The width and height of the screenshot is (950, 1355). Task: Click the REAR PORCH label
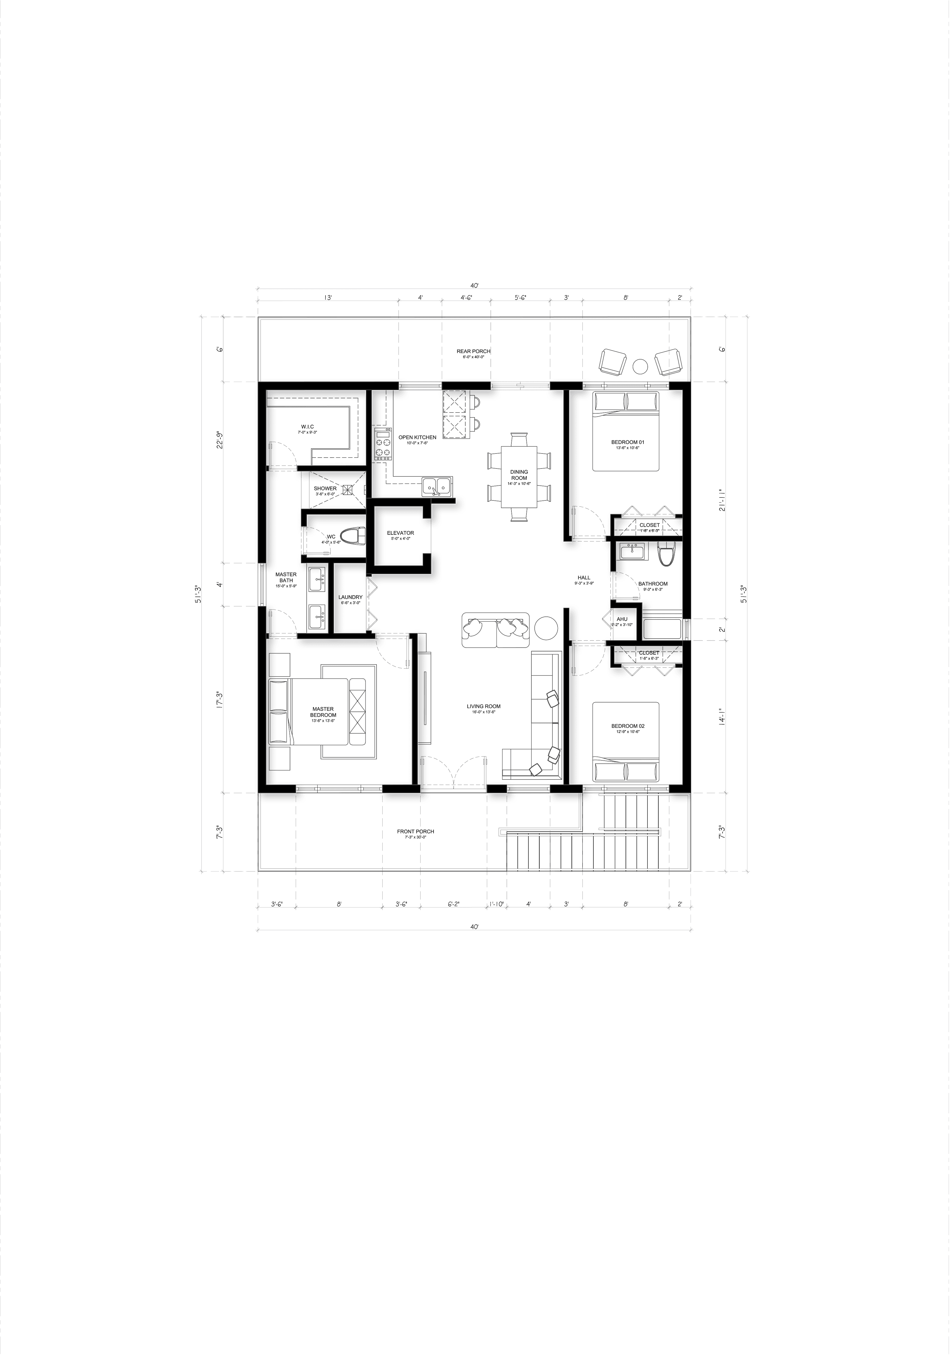click(x=473, y=351)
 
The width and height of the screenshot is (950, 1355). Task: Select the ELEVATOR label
click(x=400, y=533)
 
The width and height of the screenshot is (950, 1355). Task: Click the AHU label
click(x=622, y=619)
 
